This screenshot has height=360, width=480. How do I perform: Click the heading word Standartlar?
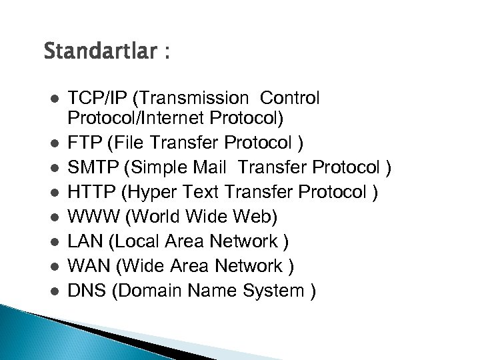click(99, 51)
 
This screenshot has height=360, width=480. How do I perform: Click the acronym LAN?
click(83, 241)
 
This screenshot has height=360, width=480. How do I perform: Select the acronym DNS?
click(85, 291)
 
